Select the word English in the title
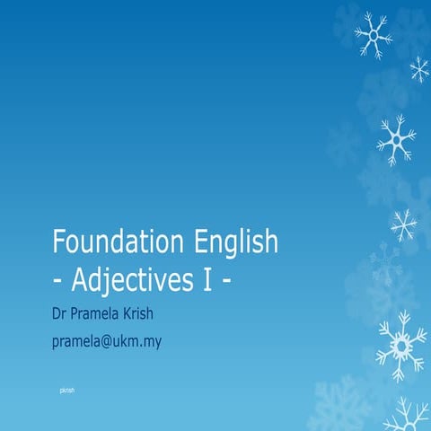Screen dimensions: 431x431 point(236,243)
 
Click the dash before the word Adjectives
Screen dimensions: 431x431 point(58,280)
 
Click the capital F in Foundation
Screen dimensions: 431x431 point(60,243)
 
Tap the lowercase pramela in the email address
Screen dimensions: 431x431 point(80,342)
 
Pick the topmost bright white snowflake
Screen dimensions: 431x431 point(373,36)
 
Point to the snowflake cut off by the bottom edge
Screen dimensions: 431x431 point(406,418)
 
